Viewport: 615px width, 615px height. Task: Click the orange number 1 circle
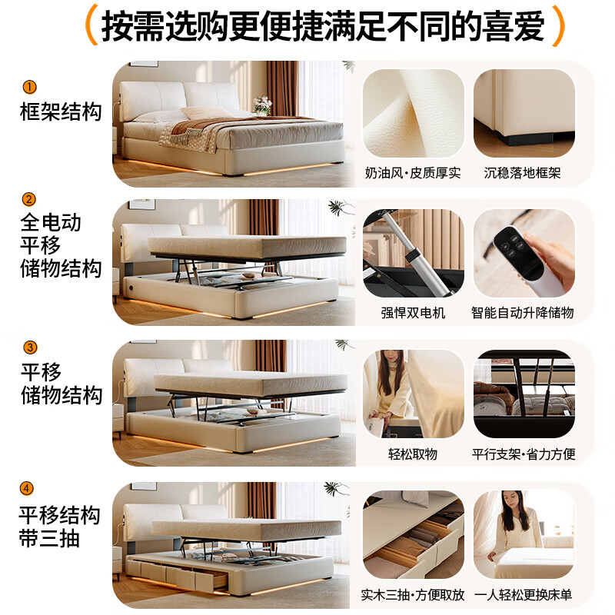click(29, 87)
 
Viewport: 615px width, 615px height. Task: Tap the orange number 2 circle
click(29, 200)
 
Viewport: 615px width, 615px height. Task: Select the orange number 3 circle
click(29, 347)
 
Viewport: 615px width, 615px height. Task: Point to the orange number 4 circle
click(28, 487)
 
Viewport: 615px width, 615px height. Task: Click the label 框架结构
click(61, 111)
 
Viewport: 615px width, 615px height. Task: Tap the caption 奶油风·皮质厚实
click(413, 173)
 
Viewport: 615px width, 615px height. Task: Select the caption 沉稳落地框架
click(523, 173)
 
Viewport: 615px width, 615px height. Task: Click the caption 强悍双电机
click(413, 313)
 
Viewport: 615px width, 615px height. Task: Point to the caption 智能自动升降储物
click(523, 313)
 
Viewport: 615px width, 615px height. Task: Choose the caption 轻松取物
click(413, 454)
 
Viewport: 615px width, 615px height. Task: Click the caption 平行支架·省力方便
click(524, 454)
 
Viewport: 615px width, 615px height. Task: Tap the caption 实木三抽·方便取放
click(413, 594)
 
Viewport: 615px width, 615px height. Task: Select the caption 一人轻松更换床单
click(523, 594)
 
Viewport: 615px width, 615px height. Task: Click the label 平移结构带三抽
click(59, 527)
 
